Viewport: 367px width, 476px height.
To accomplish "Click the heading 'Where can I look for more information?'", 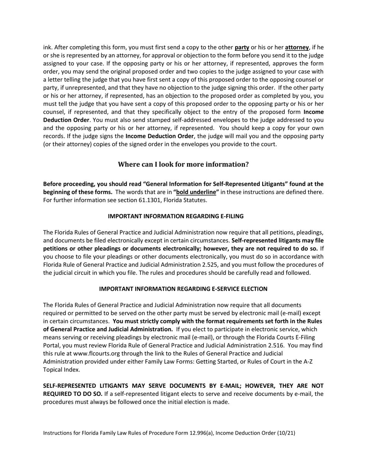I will pos(183,164).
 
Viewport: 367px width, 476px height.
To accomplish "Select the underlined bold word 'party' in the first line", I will pos(242,48).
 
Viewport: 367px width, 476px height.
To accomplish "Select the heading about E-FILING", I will pos(175,216).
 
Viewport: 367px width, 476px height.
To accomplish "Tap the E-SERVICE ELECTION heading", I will pos(183,289).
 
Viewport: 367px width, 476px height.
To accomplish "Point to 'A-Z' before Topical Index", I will pos(306,361).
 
